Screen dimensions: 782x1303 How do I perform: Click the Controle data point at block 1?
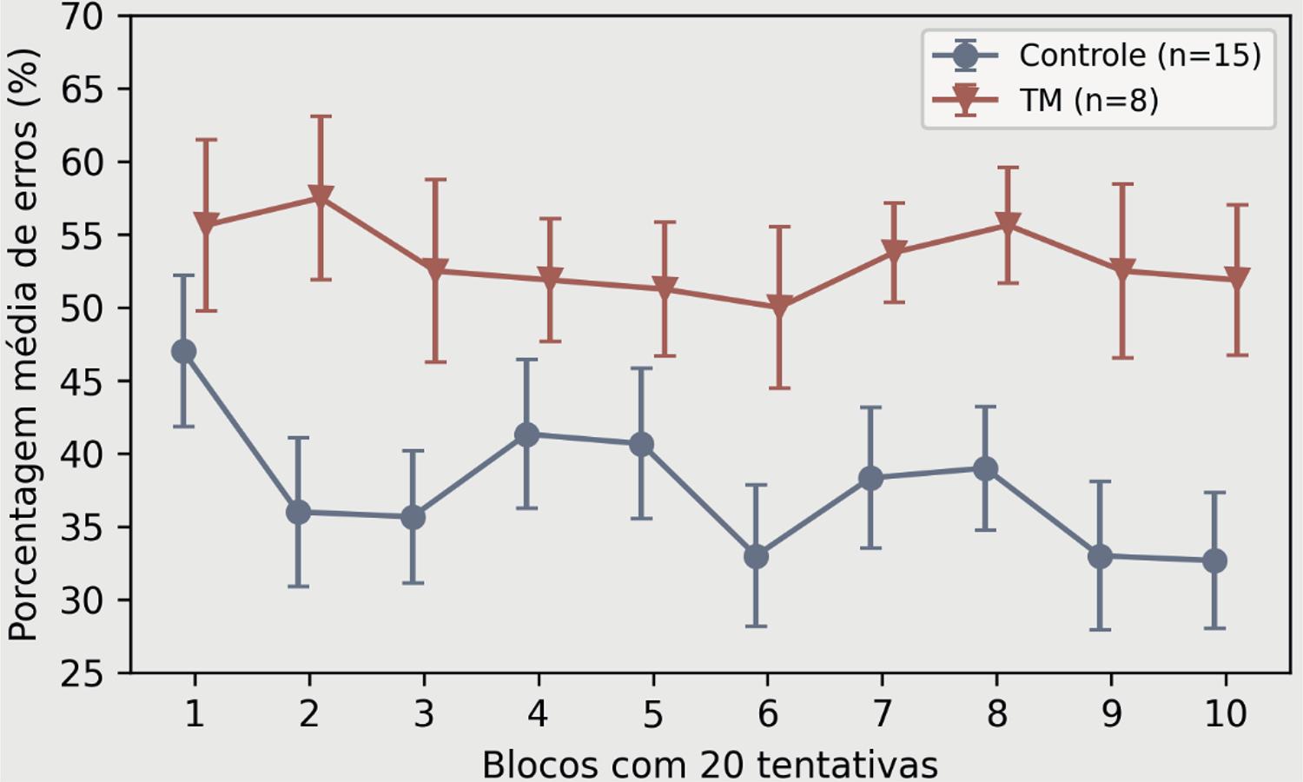[x=183, y=352]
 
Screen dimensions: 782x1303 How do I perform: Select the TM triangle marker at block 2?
[x=321, y=197]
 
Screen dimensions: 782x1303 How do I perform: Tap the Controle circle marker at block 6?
[x=756, y=556]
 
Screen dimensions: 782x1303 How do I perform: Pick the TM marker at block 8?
[x=1007, y=224]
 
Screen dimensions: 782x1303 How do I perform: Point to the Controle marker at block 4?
[x=526, y=434]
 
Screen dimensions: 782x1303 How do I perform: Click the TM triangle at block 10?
[x=1236, y=279]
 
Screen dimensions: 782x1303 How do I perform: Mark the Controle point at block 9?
[x=1100, y=556]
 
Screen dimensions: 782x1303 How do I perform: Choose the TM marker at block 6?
[x=779, y=307]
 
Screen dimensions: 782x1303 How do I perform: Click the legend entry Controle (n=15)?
[x=1139, y=56]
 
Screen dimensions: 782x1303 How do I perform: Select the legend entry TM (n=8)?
[x=1088, y=101]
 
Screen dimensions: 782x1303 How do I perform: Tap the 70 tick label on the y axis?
[x=82, y=17]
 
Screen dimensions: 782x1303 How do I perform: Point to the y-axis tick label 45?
[x=82, y=381]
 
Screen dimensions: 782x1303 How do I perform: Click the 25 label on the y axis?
[x=82, y=673]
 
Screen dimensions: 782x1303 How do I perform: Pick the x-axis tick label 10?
[x=1225, y=714]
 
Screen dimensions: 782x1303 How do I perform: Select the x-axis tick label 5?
[x=652, y=714]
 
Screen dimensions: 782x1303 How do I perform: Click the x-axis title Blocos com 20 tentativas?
[x=710, y=765]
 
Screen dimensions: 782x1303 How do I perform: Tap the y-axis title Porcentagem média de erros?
[x=23, y=345]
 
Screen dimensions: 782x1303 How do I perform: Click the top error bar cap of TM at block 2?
[x=321, y=116]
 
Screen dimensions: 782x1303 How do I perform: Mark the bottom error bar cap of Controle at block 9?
[x=1100, y=629]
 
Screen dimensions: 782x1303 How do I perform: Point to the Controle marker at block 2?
[x=298, y=513]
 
